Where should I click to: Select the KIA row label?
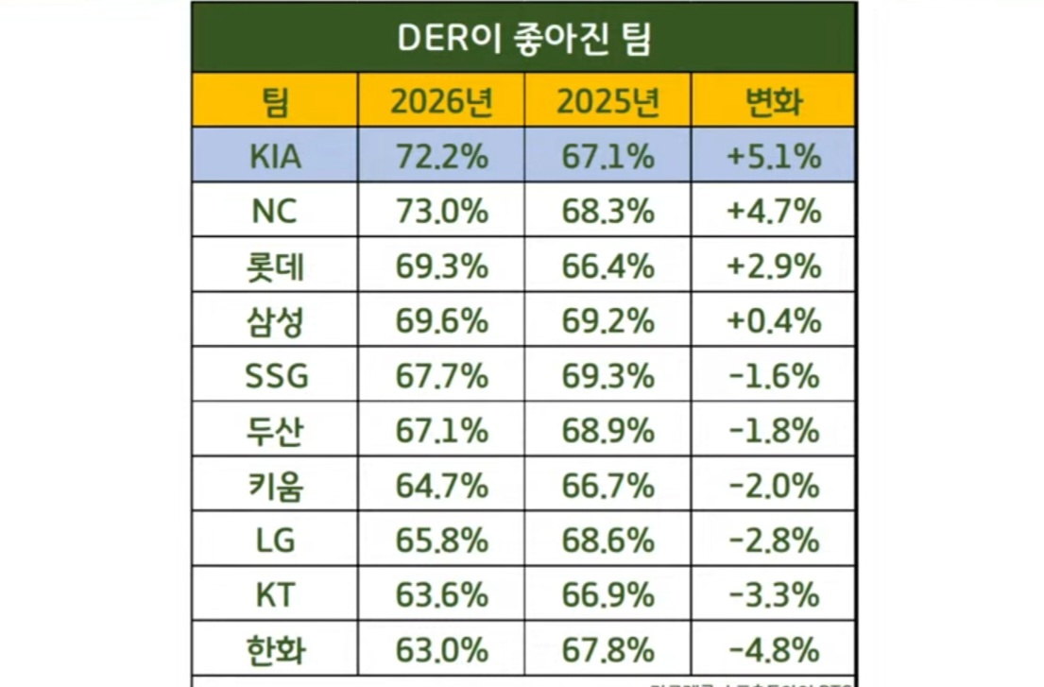pos(275,156)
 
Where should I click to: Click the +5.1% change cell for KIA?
pos(774,156)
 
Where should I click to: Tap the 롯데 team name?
pos(275,266)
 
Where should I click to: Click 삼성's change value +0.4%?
pos(774,321)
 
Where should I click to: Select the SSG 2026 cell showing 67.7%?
pos(441,376)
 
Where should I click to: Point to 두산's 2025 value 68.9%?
pos(607,431)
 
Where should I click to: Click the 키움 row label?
pos(275,486)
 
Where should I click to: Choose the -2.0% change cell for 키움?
pos(774,486)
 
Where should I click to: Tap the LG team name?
pos(275,541)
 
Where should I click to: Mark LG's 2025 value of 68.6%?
pos(607,541)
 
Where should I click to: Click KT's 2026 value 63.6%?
pos(441,595)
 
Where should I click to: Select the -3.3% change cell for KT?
pos(774,595)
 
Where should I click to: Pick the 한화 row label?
pos(275,650)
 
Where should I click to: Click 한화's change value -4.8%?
pos(774,650)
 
